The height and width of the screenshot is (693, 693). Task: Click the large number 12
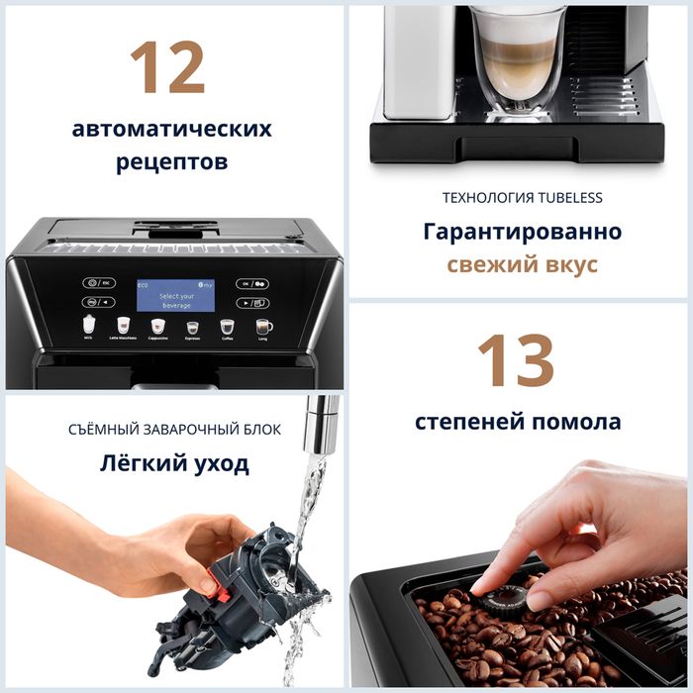point(167,67)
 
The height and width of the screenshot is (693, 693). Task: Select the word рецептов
point(171,160)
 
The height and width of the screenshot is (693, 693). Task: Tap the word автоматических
point(171,129)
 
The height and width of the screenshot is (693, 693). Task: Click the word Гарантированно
point(522,232)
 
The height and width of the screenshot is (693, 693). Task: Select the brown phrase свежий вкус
point(522,265)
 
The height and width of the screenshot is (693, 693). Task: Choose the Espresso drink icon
point(192,326)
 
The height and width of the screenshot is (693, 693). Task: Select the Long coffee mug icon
point(263,326)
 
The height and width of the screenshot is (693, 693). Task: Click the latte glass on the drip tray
point(517,59)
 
